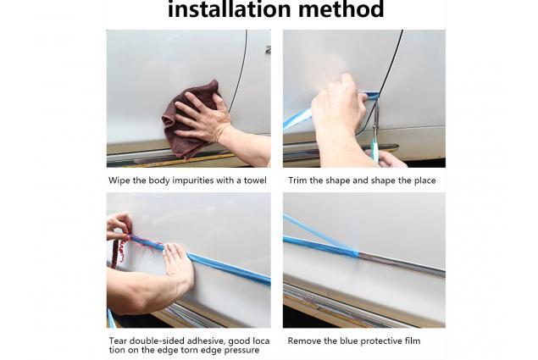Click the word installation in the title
pos(230,9)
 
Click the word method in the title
pos(341,9)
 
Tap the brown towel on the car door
pos(191,119)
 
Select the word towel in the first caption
pos(255,180)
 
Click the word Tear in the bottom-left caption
pos(117,341)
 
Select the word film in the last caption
pos(413,341)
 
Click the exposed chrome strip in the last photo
pos(402,265)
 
